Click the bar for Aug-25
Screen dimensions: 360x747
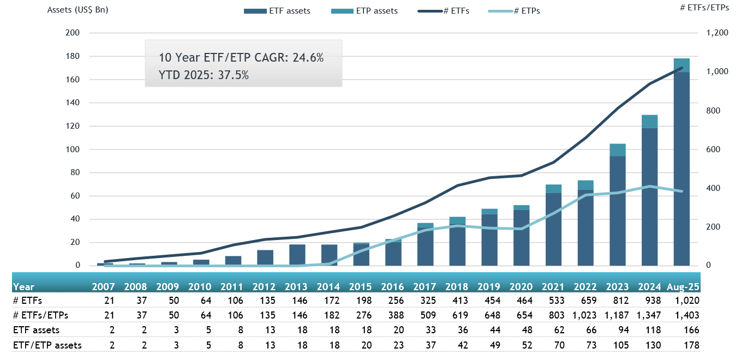pyautogui.click(x=682, y=164)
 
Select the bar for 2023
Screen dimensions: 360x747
pyautogui.click(x=617, y=207)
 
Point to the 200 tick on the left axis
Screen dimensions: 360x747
pyautogui.click(x=73, y=33)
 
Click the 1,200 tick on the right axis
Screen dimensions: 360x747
pyautogui.click(x=717, y=33)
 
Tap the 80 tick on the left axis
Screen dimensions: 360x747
pyautogui.click(x=75, y=173)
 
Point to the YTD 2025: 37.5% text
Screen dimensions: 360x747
pyautogui.click(x=204, y=75)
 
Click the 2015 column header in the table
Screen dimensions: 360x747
pyautogui.click(x=360, y=287)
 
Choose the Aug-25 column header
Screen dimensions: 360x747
pyautogui.click(x=683, y=287)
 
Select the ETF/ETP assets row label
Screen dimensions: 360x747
pyautogui.click(x=47, y=345)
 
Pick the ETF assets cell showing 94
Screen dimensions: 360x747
pyautogui.click(x=624, y=329)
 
